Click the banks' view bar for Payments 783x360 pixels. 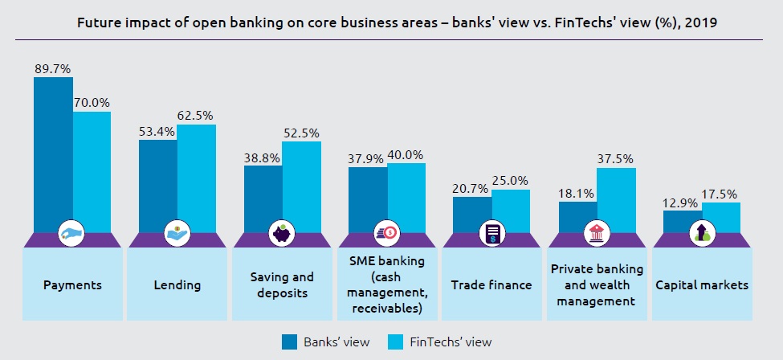[x=53, y=153]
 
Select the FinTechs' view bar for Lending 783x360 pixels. [x=197, y=177]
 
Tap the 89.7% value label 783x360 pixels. [x=51, y=69]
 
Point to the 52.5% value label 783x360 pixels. [x=301, y=133]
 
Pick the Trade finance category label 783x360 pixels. [x=491, y=284]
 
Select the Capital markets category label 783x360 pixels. [x=702, y=284]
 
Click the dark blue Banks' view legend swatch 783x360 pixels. [x=290, y=342]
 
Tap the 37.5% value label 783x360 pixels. [x=616, y=159]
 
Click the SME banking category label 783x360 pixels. [x=387, y=284]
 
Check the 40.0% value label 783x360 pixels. [x=406, y=154]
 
